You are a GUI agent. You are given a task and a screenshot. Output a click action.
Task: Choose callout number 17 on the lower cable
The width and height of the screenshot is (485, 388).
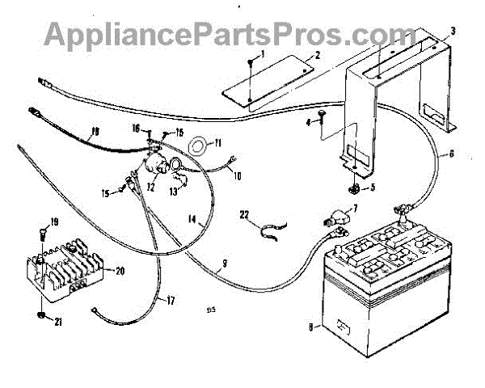171,301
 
